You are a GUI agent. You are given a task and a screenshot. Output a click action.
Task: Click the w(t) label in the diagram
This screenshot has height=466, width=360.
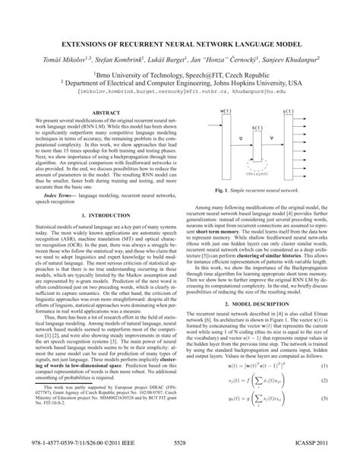point(206,111)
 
